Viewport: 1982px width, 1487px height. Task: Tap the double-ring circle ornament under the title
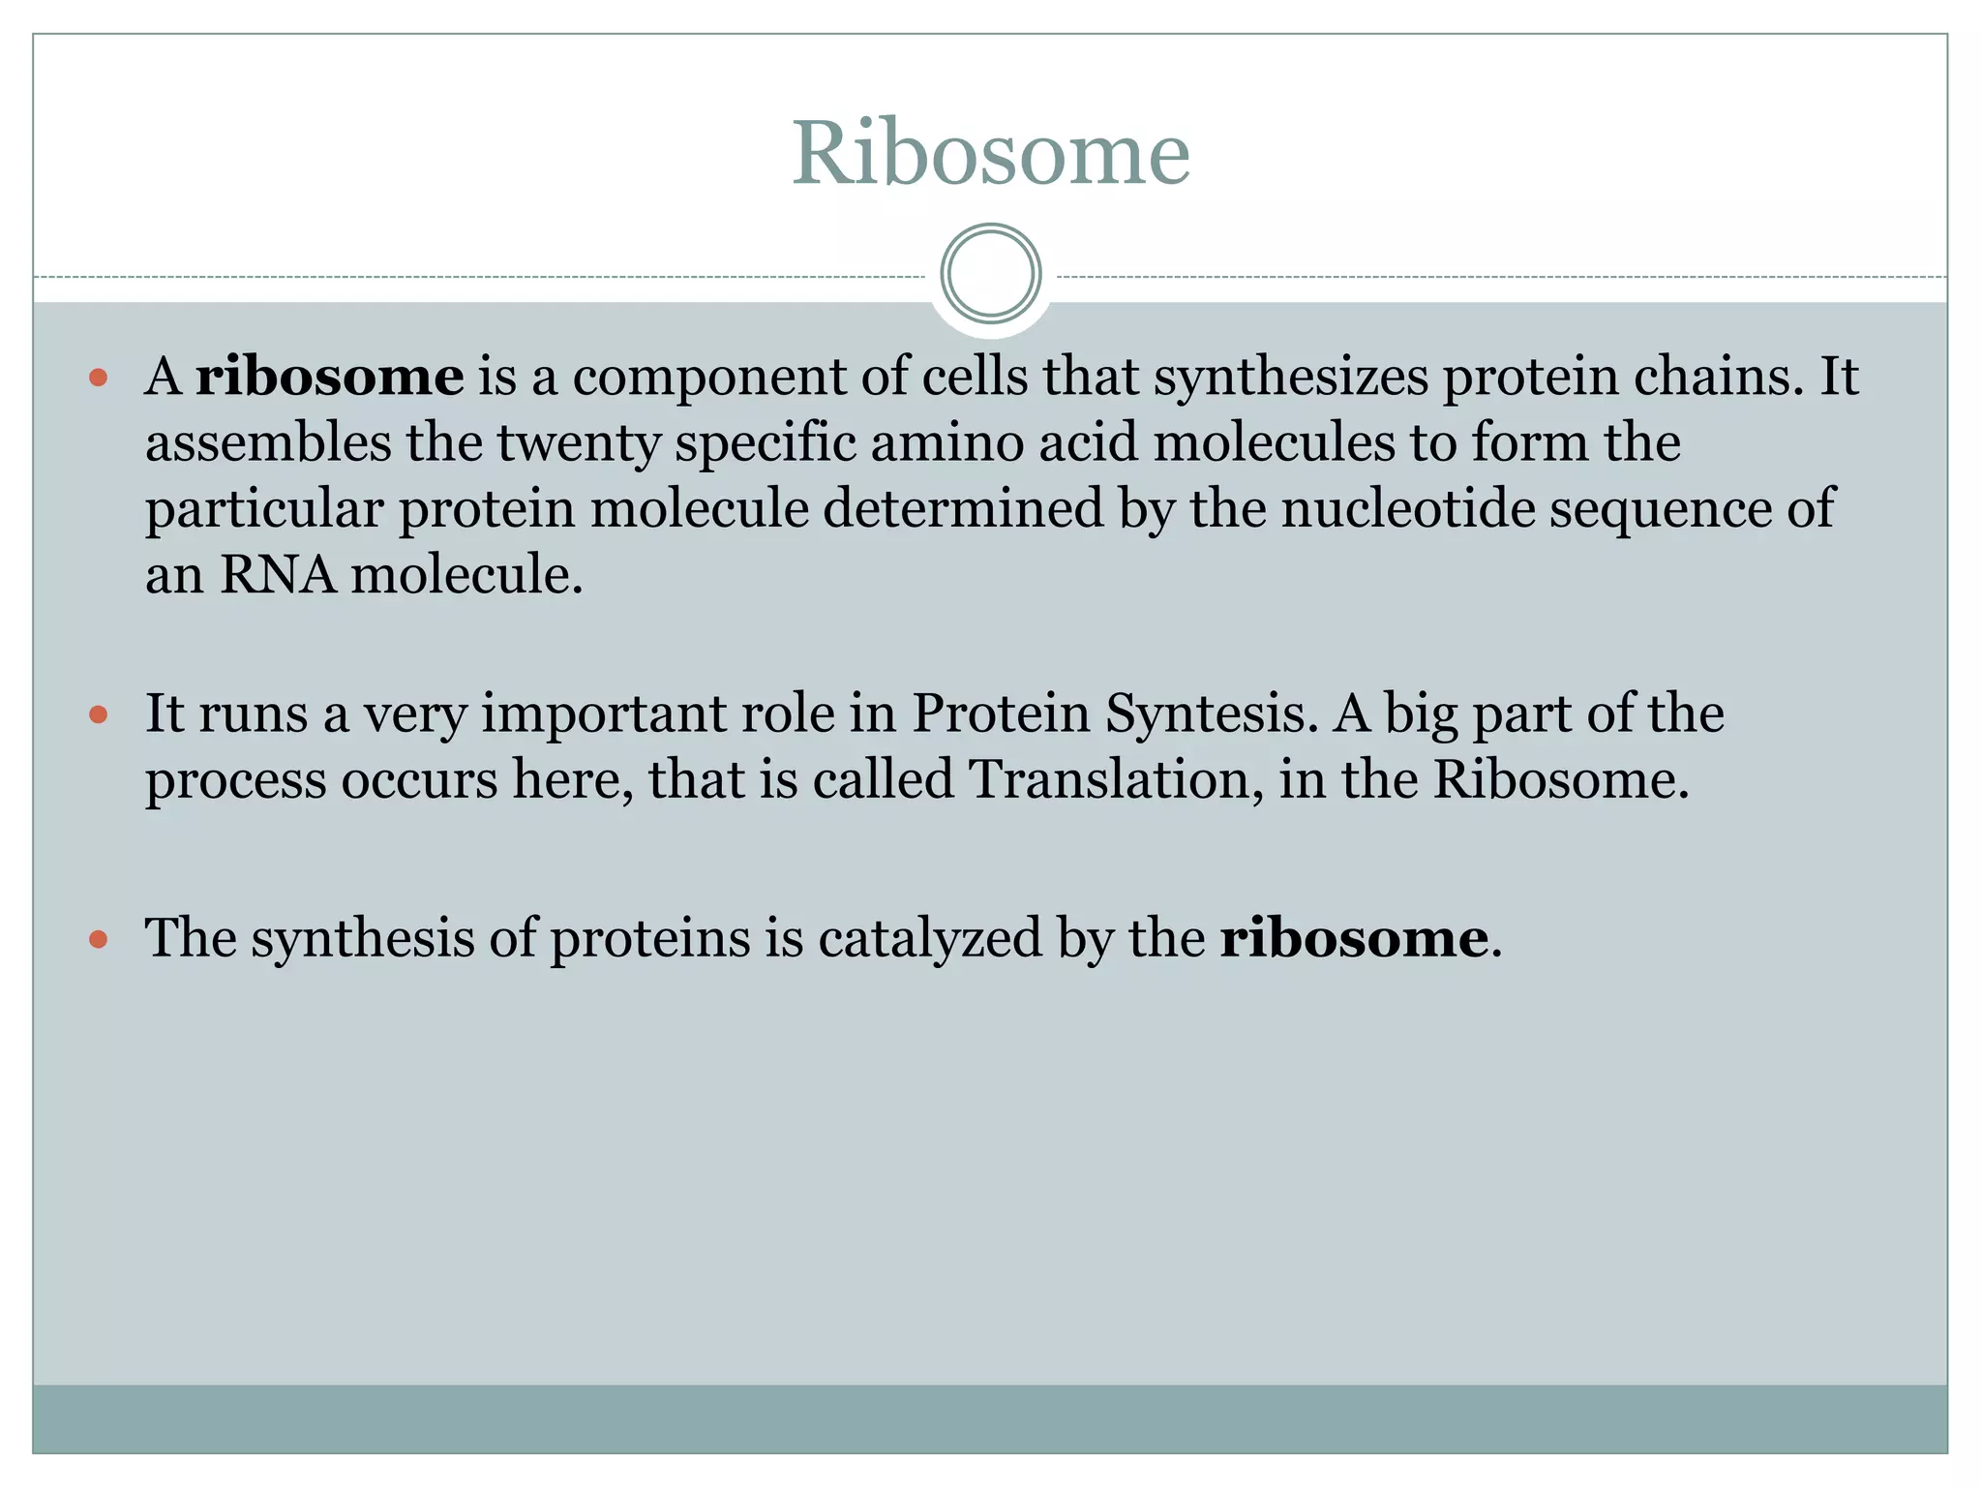[991, 274]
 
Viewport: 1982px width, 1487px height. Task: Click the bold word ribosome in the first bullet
[329, 376]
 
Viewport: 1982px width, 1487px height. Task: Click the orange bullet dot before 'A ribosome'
[98, 377]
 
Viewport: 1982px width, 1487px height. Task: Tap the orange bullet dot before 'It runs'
[98, 714]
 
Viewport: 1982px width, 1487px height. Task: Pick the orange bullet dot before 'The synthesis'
[98, 938]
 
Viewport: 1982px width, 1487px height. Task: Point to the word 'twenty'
[579, 443]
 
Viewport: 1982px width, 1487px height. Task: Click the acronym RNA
[277, 575]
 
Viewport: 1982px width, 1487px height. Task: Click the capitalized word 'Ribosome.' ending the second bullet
[1560, 779]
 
